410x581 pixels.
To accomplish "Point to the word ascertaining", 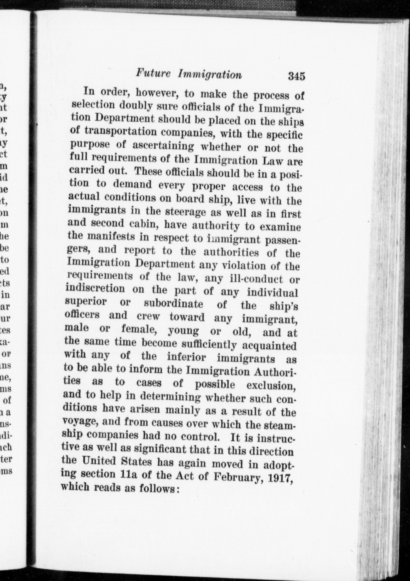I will [x=163, y=146].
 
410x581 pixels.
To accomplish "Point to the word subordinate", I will [x=173, y=304].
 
